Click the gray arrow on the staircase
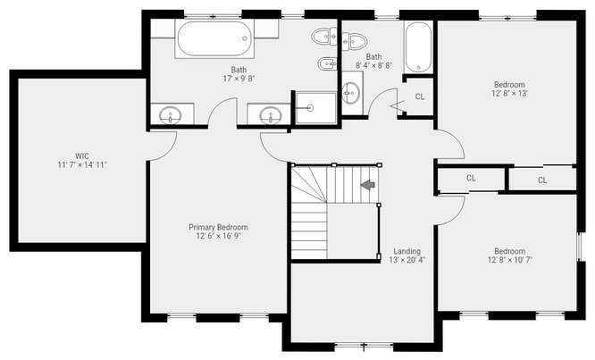tap(366, 185)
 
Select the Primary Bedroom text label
tap(218, 227)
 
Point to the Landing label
tap(406, 251)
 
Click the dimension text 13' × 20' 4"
tap(406, 261)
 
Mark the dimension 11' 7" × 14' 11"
tap(82, 164)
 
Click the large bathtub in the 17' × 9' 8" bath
tap(214, 39)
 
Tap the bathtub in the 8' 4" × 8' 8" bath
tap(417, 49)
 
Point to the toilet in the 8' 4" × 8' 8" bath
tap(356, 39)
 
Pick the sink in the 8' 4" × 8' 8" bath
tap(352, 91)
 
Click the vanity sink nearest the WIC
tap(171, 115)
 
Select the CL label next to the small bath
tap(420, 96)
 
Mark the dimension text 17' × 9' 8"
tap(239, 79)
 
